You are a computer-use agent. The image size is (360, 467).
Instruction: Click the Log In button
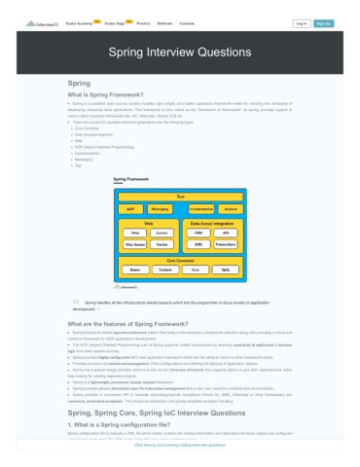point(301,22)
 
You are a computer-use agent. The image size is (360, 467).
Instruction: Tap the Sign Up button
point(324,22)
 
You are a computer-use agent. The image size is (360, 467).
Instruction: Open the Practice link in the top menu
point(143,22)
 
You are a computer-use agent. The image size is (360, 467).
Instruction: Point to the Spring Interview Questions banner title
point(180,54)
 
